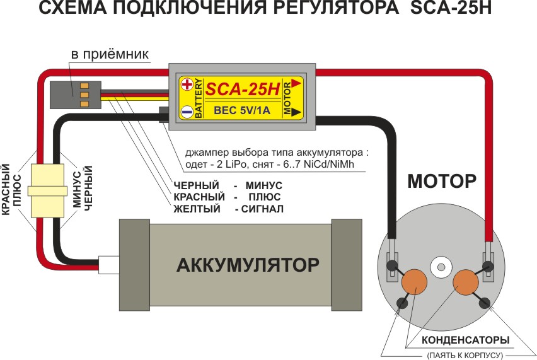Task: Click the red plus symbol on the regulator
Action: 187,85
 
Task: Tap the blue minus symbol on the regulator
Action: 187,112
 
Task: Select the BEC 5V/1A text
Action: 243,111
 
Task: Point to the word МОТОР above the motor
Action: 442,182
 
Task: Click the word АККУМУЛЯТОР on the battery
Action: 248,264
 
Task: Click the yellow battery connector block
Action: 48,189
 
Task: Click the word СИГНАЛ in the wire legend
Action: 263,209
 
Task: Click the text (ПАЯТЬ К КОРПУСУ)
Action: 465,355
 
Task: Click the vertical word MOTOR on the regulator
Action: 287,98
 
